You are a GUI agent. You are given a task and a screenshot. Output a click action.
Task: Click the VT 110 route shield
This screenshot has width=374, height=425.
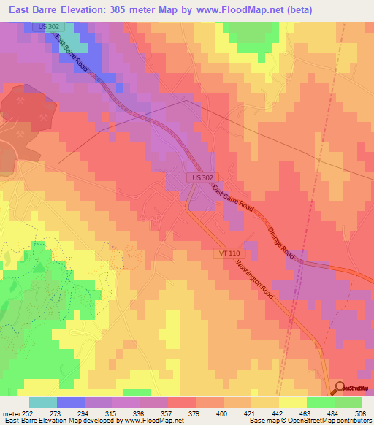[228, 253]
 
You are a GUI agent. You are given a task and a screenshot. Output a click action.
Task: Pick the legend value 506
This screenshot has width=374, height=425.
[362, 413]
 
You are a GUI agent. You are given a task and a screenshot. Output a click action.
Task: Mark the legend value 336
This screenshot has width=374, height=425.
[141, 413]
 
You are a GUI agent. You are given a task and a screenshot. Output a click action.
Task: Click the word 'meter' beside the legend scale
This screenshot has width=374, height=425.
[12, 413]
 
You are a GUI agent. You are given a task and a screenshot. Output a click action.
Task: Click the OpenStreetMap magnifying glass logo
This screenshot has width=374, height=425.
[340, 388]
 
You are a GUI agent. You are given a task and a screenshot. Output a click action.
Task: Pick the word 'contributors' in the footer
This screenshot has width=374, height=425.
[354, 421]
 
